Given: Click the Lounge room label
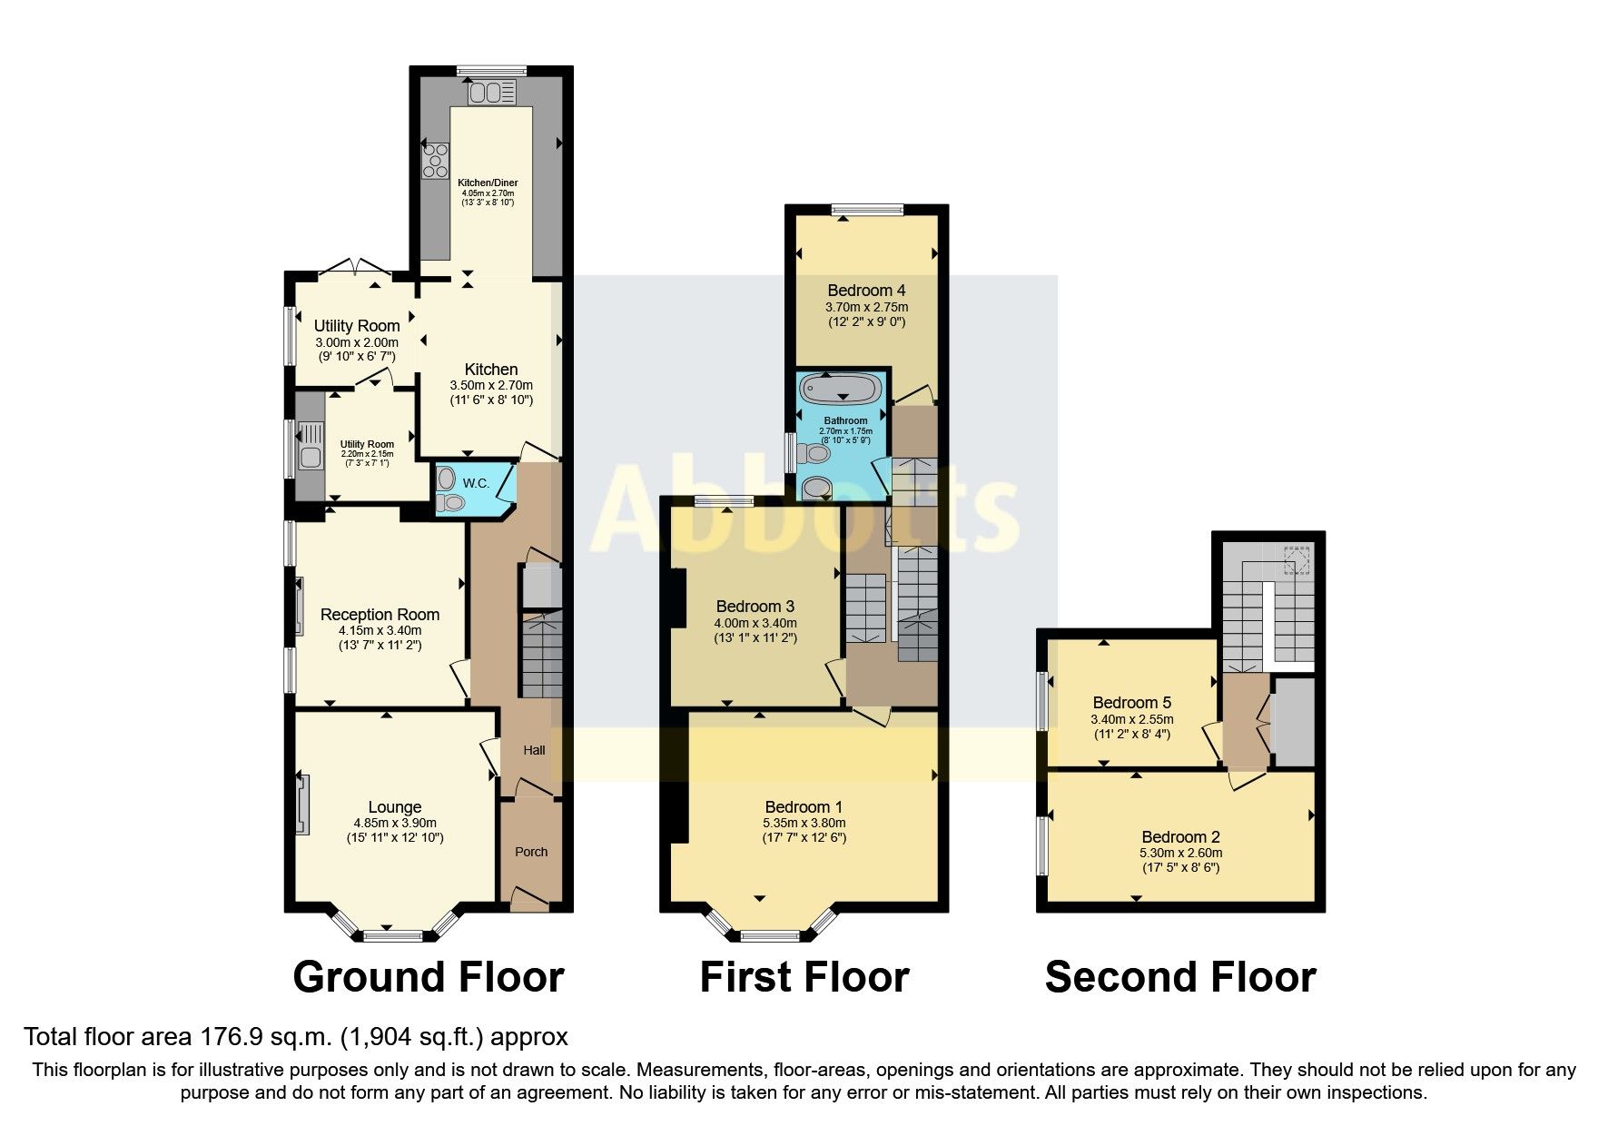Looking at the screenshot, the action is point(395,806).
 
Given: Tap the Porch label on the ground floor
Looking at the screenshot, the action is point(531,852).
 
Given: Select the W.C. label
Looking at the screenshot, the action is point(476,483).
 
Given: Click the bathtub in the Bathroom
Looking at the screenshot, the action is point(843,390).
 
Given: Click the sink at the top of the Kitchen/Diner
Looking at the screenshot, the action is point(492,92).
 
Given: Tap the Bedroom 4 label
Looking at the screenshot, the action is point(866,291).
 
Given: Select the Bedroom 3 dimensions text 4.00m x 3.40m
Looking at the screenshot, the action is point(755,623).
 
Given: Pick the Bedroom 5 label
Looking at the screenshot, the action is point(1131,702).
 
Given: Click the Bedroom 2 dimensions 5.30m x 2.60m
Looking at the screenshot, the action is point(1180,853).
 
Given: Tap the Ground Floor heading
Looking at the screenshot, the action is point(429,977).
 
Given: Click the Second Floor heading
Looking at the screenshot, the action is point(1180,977).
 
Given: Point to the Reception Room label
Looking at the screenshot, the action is point(380,615).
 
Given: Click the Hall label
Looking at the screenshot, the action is point(534,750).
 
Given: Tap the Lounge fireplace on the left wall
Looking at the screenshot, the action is point(302,805).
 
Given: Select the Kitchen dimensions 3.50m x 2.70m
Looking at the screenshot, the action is point(491,385).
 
